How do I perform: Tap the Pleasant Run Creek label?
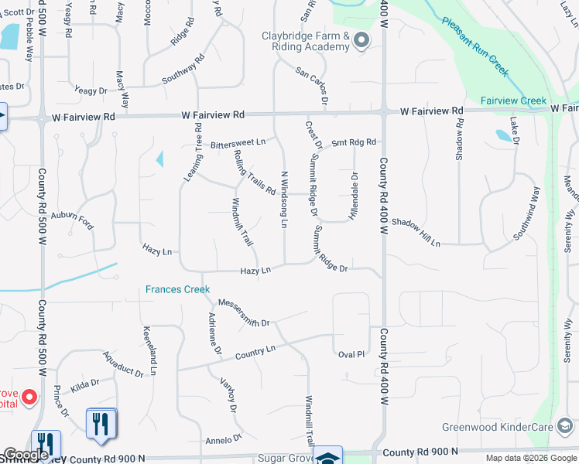click(475, 46)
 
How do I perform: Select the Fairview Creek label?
click(513, 101)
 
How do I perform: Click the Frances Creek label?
click(177, 290)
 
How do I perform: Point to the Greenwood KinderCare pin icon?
click(565, 426)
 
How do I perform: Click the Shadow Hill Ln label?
click(416, 233)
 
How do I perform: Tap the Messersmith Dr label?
click(244, 312)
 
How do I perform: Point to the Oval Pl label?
click(351, 354)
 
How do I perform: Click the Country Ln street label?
click(255, 351)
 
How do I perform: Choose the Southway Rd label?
click(183, 69)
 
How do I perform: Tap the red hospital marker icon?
click(29, 397)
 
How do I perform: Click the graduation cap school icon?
click(328, 457)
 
